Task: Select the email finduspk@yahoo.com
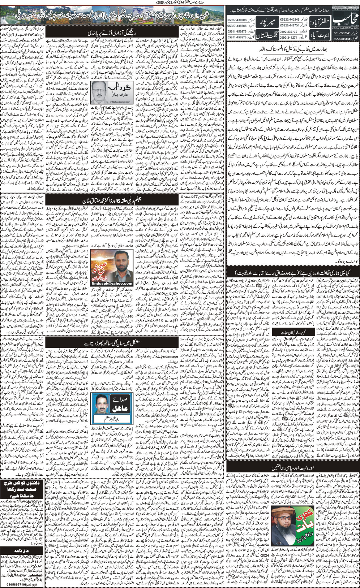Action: (108, 273)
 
